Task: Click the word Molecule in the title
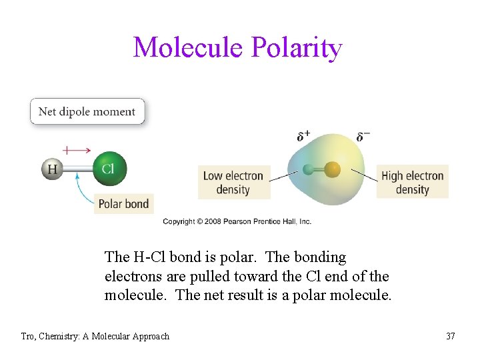point(189,48)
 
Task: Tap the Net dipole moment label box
point(87,112)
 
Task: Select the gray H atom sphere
point(52,169)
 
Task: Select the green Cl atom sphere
point(108,169)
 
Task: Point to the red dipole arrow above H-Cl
point(77,150)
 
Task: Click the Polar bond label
point(123,203)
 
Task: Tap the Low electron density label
point(233,183)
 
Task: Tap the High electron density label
point(412,183)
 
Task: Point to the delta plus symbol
point(303,137)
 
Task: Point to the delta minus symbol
point(363,137)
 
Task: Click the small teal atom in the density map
point(308,170)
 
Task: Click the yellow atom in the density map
point(333,170)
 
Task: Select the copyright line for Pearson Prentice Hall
point(237,221)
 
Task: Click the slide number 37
point(451,336)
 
